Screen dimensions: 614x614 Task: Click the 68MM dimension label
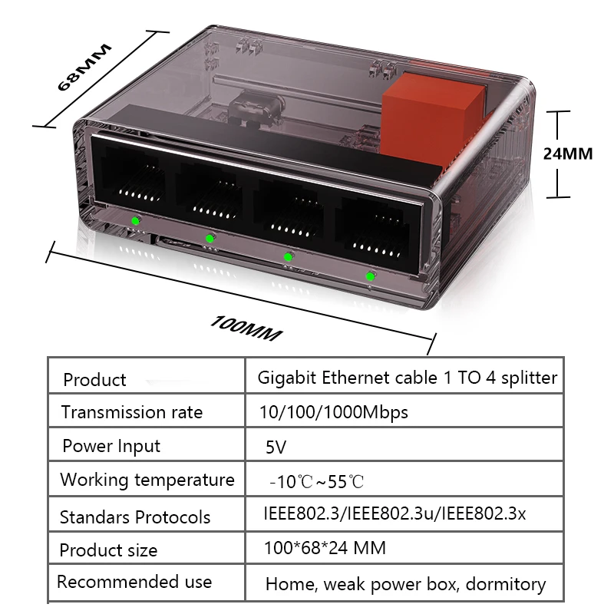coord(85,68)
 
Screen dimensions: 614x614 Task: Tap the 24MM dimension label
coord(568,153)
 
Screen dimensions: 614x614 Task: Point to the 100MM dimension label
coord(246,328)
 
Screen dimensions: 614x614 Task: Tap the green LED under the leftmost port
coord(135,222)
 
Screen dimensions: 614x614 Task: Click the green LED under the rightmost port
coord(370,276)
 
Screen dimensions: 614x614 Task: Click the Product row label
coord(94,380)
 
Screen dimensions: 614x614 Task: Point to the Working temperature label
coord(147,480)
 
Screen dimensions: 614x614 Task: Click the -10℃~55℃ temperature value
coord(316,482)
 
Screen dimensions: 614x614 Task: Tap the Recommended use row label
coord(134,582)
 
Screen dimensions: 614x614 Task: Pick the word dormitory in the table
coord(508,584)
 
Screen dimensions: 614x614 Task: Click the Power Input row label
coord(111,446)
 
